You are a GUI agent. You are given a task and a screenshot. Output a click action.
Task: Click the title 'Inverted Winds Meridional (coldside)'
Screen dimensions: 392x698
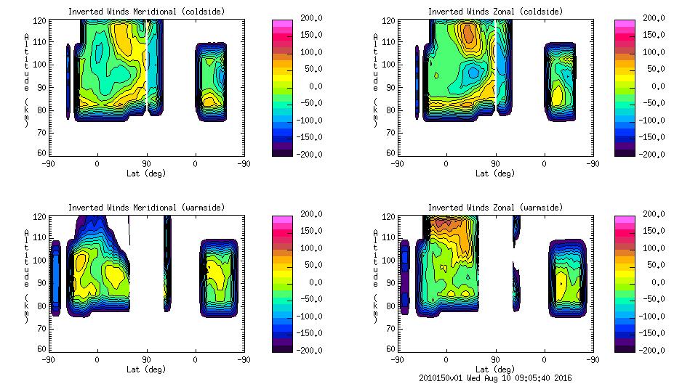pos(146,12)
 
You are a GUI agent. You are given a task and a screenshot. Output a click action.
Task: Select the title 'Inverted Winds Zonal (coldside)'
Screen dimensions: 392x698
pos(495,12)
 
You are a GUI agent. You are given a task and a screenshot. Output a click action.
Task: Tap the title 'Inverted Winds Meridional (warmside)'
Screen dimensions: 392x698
pos(146,208)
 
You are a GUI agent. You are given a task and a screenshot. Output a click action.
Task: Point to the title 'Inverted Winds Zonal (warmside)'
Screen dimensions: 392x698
pos(495,208)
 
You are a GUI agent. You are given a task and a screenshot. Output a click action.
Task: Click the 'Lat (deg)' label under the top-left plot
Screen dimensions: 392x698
pos(146,173)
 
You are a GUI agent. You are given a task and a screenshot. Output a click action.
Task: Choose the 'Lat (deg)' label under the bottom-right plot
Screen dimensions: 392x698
pos(495,369)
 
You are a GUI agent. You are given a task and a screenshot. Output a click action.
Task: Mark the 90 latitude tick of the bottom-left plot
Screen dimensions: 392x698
pos(146,359)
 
